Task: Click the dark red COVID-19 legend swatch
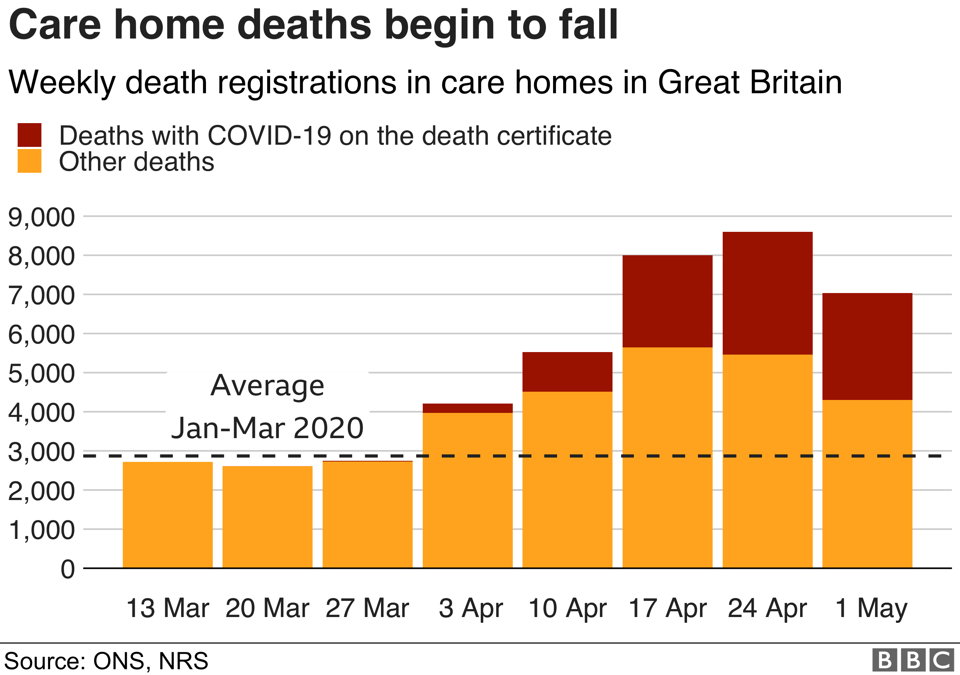[29, 135]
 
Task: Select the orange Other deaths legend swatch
[29, 161]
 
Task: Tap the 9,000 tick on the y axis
[41, 217]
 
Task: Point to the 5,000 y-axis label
[41, 373]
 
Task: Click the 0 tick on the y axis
[68, 569]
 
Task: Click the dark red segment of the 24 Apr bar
[767, 293]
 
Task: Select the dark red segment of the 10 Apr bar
[567, 372]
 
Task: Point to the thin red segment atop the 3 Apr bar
[467, 408]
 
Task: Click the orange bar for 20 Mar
[267, 517]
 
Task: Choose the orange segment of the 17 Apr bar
[667, 457]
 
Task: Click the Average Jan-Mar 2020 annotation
[267, 407]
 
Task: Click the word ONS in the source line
[119, 661]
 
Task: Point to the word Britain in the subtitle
[796, 82]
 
